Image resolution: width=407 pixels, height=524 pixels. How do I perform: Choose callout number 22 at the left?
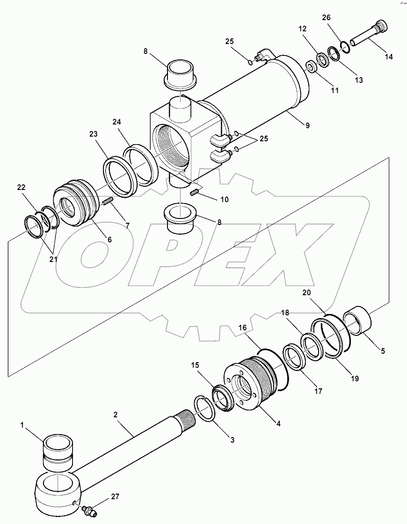click(x=22, y=188)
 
